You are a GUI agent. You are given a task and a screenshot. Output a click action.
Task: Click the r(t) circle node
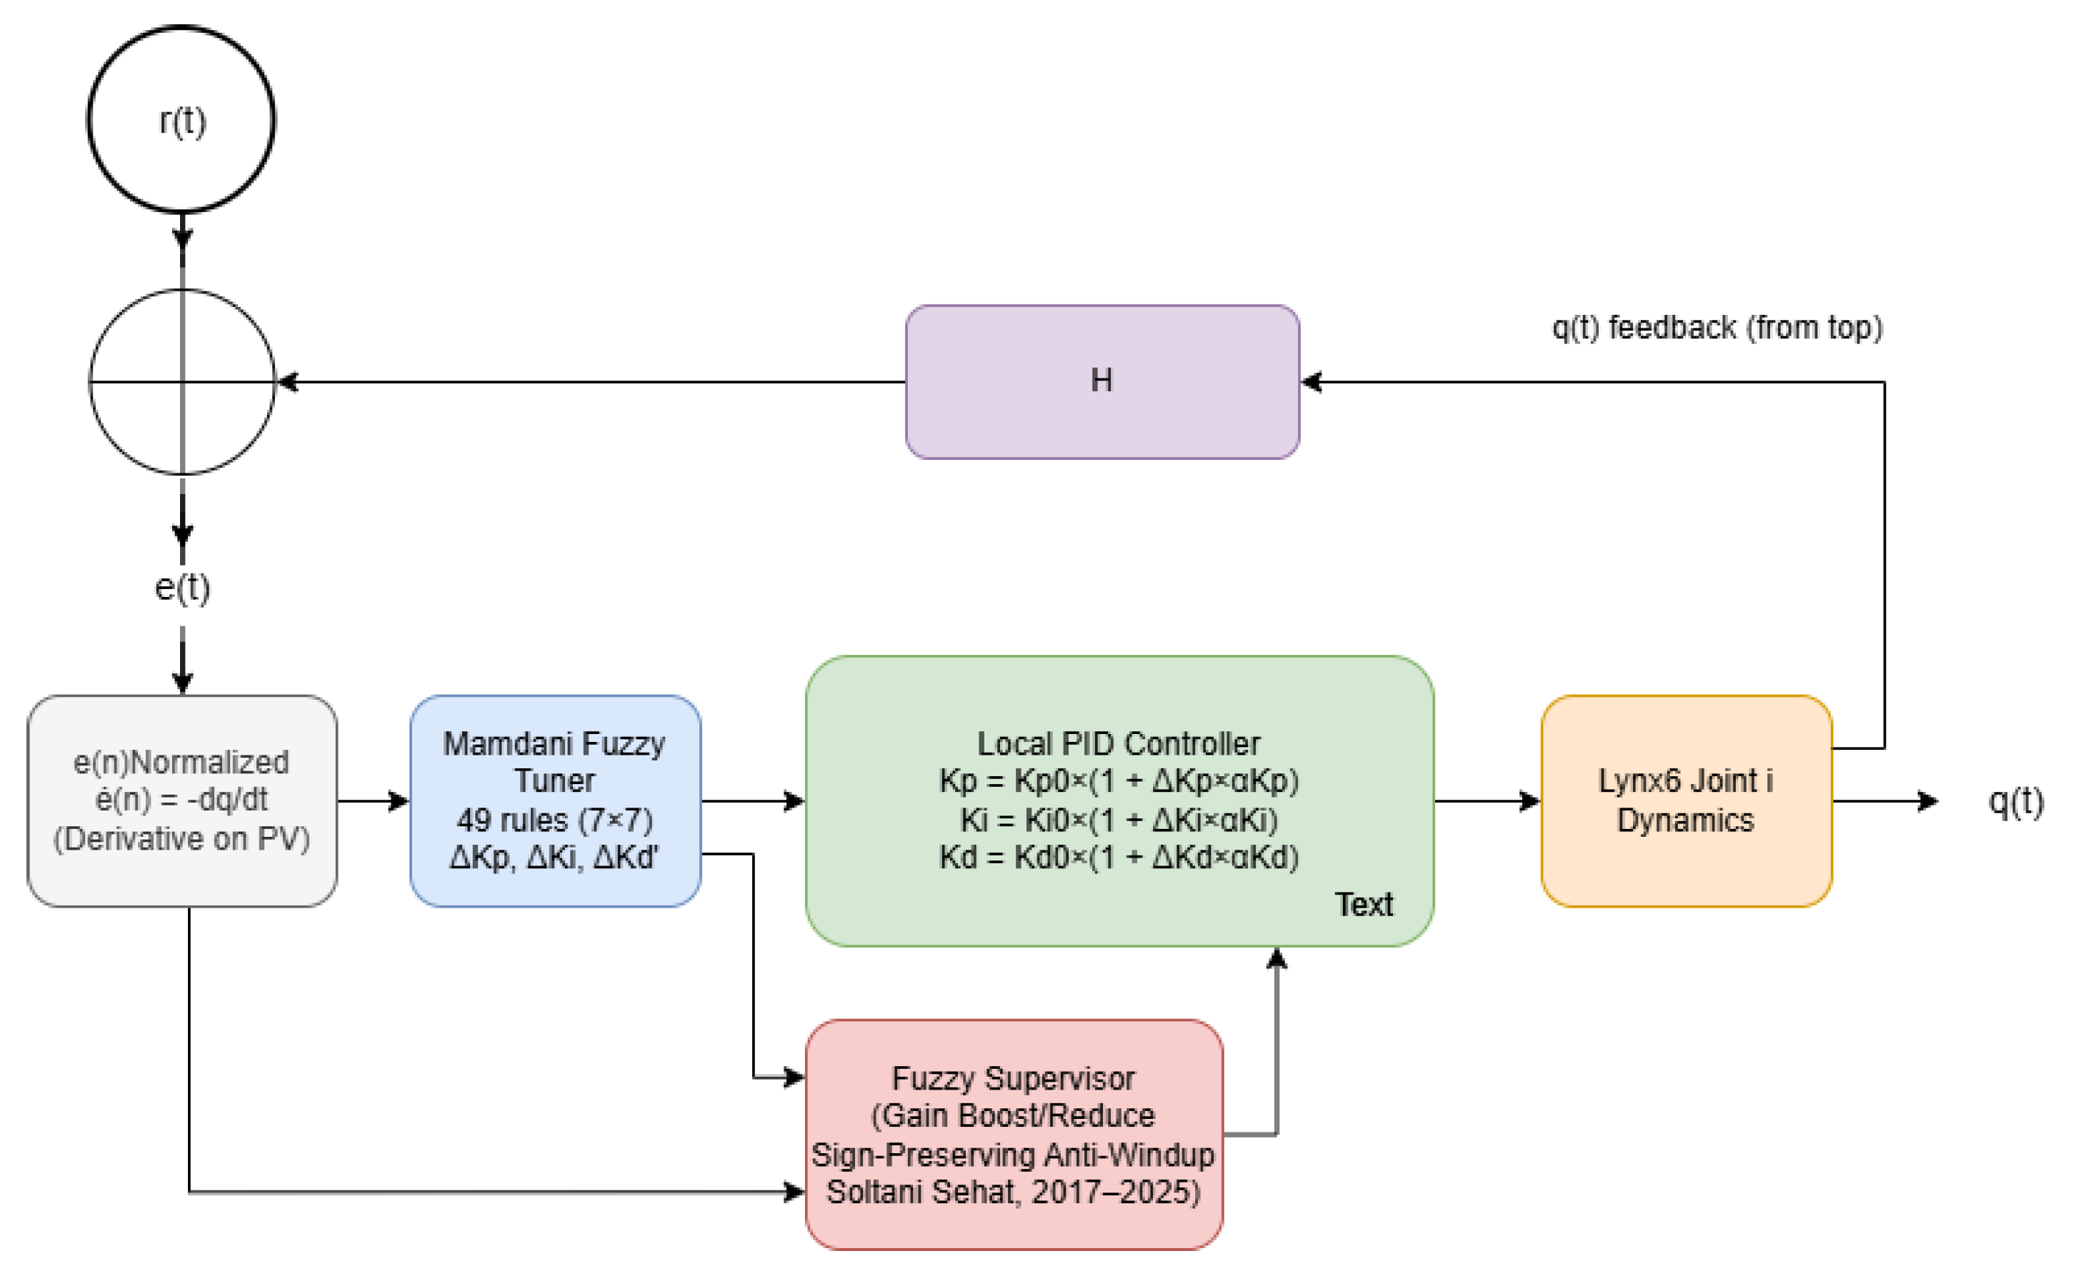pyautogui.click(x=181, y=119)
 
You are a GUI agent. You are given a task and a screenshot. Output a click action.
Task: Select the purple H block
pyautogui.click(x=1102, y=381)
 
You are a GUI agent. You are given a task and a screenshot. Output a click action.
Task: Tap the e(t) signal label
pyautogui.click(x=182, y=587)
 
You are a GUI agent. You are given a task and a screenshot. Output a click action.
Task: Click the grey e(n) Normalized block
pyautogui.click(x=181, y=800)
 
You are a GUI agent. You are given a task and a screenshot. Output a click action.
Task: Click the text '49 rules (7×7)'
pyautogui.click(x=554, y=820)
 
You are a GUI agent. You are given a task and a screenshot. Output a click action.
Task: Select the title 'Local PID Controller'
pyautogui.click(x=1118, y=743)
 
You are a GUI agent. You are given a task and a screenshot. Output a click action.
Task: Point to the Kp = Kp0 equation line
pyautogui.click(x=1118, y=780)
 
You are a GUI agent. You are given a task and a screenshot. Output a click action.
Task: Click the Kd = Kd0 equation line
pyautogui.click(x=1118, y=856)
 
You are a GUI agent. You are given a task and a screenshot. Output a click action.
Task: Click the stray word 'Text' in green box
pyautogui.click(x=1363, y=904)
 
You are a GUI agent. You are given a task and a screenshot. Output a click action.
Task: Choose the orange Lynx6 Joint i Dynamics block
pyautogui.click(x=1685, y=800)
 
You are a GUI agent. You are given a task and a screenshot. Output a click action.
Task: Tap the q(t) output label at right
pyautogui.click(x=2015, y=800)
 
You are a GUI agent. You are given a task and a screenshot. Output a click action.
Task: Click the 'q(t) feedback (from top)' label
pyautogui.click(x=1717, y=328)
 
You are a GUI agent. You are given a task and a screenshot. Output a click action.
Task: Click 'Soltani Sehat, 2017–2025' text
pyautogui.click(x=1013, y=1192)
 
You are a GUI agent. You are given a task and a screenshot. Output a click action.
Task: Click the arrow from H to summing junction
pyautogui.click(x=587, y=382)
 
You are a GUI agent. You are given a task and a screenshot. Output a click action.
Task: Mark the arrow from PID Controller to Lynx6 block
pyautogui.click(x=1486, y=800)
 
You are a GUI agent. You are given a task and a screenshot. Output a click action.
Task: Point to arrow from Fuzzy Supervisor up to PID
pyautogui.click(x=1276, y=1046)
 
